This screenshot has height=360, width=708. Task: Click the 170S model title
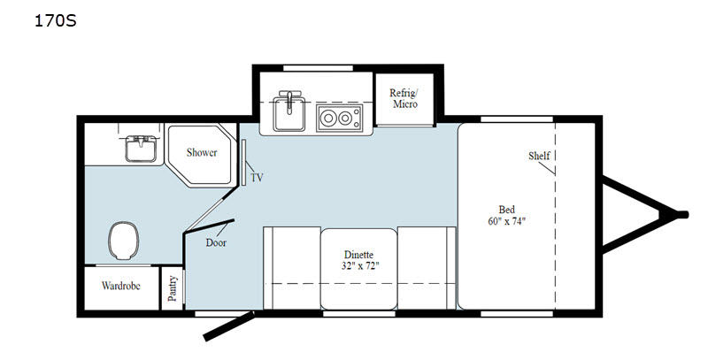(56, 20)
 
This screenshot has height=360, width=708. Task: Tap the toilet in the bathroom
(124, 240)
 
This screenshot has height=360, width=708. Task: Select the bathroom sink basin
(141, 149)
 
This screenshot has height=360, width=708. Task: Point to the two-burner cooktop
(339, 119)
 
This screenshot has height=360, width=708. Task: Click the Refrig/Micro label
(404, 98)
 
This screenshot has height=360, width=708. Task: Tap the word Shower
(202, 152)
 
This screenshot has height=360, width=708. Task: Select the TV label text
(257, 178)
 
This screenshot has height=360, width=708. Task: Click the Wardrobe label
(121, 286)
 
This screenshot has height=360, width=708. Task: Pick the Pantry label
(172, 288)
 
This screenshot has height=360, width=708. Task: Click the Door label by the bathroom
(216, 242)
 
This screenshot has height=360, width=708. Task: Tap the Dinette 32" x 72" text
(359, 260)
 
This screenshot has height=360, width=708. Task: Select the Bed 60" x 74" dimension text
(506, 215)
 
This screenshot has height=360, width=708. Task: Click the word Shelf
(539, 156)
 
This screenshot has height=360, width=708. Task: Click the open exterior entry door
(229, 326)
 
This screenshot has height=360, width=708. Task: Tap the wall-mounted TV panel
(242, 163)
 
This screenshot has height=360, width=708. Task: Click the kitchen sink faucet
(289, 99)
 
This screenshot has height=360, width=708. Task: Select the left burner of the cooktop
(327, 119)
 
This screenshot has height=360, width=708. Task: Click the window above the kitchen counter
(318, 68)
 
